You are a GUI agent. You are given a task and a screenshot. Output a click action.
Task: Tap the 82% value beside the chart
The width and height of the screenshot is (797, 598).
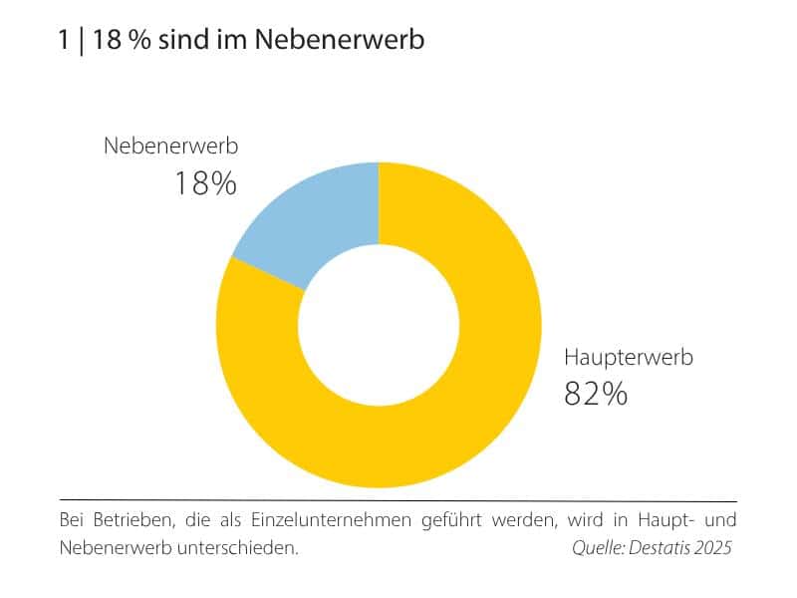596,394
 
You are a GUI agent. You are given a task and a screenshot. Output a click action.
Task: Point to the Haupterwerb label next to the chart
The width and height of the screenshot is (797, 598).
628,357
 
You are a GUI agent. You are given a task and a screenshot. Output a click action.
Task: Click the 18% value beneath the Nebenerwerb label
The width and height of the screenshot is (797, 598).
205,183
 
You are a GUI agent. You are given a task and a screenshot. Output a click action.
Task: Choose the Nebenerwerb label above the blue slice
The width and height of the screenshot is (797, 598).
171,147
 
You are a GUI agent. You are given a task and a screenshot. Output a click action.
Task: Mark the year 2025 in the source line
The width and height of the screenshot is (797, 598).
713,548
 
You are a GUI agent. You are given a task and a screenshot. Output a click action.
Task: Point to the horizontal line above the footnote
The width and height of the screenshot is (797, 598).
398,500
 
